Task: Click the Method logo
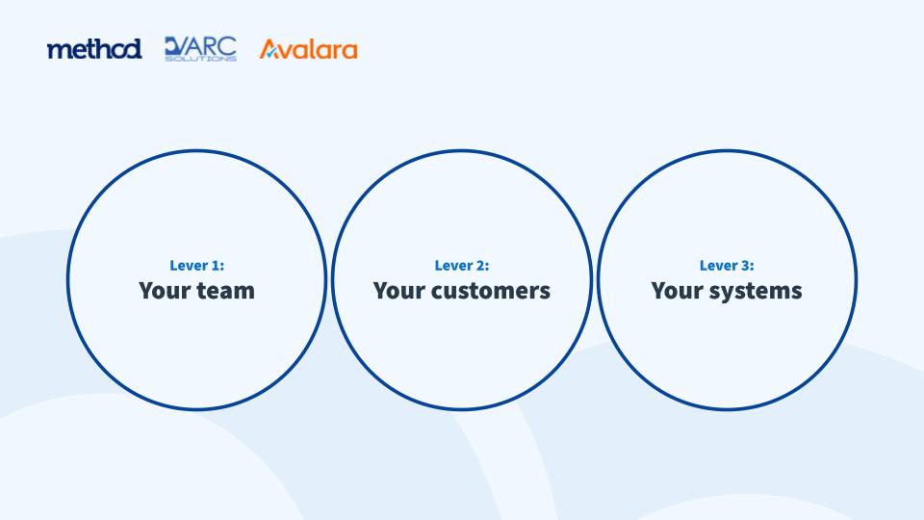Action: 94,49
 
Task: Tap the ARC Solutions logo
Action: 200,49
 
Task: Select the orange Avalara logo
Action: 308,49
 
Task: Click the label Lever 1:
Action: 196,266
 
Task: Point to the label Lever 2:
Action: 462,266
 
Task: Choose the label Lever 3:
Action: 727,266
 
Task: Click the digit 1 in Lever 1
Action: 217,266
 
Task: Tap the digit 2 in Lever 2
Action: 481,266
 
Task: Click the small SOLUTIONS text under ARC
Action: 200,59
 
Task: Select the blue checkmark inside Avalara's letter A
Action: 270,53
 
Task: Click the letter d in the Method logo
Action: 133,49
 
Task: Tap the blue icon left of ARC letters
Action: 175,46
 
